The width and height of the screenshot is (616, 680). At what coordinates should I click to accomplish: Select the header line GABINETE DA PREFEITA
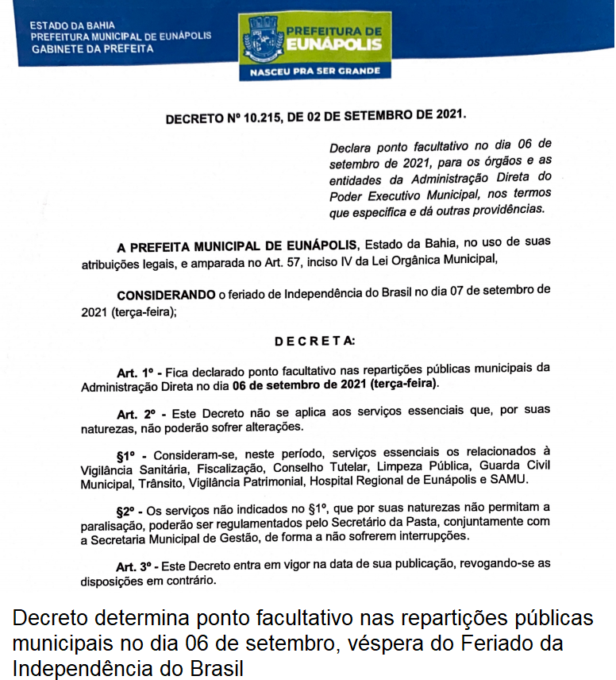coord(91,48)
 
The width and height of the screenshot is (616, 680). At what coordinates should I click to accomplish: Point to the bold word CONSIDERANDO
coord(166,295)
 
